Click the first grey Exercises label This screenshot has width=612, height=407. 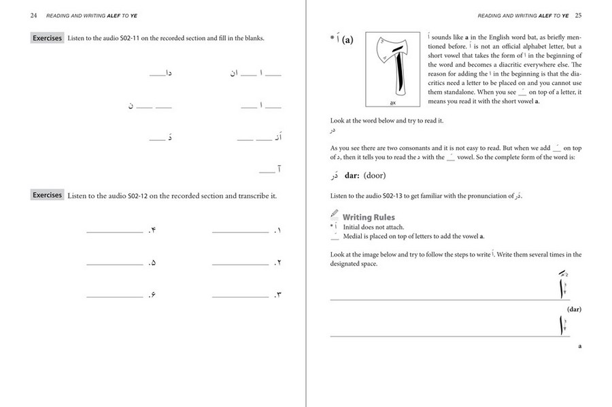coord(48,38)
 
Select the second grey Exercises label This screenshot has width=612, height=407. coord(48,195)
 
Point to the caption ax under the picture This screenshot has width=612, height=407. coord(393,103)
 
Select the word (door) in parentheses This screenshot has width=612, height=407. coord(374,176)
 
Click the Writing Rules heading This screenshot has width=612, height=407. coord(369,218)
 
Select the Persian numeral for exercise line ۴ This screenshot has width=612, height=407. coord(153,231)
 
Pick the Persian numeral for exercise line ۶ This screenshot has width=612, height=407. coord(153,295)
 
